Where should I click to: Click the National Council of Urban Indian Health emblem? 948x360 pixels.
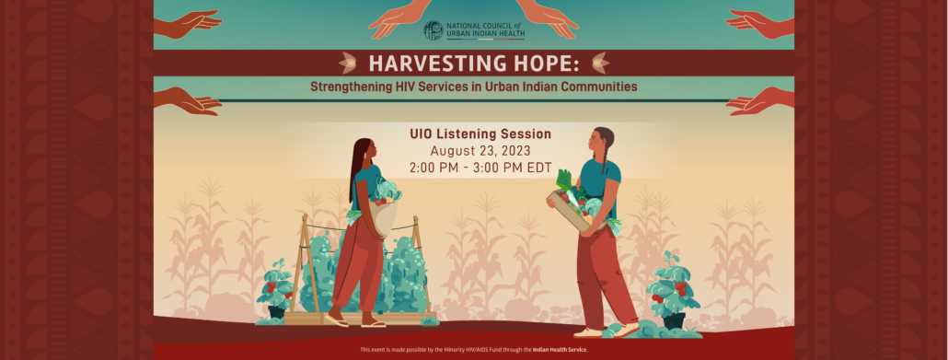pos(433,30)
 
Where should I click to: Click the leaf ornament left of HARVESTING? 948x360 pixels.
pos(349,63)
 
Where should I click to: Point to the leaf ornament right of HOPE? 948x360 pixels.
pos(600,63)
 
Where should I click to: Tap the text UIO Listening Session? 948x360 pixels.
pos(480,134)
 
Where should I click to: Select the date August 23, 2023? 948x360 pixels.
pos(480,151)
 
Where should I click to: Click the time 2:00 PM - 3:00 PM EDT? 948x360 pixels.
pos(480,168)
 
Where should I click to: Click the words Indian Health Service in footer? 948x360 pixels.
pos(560,350)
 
